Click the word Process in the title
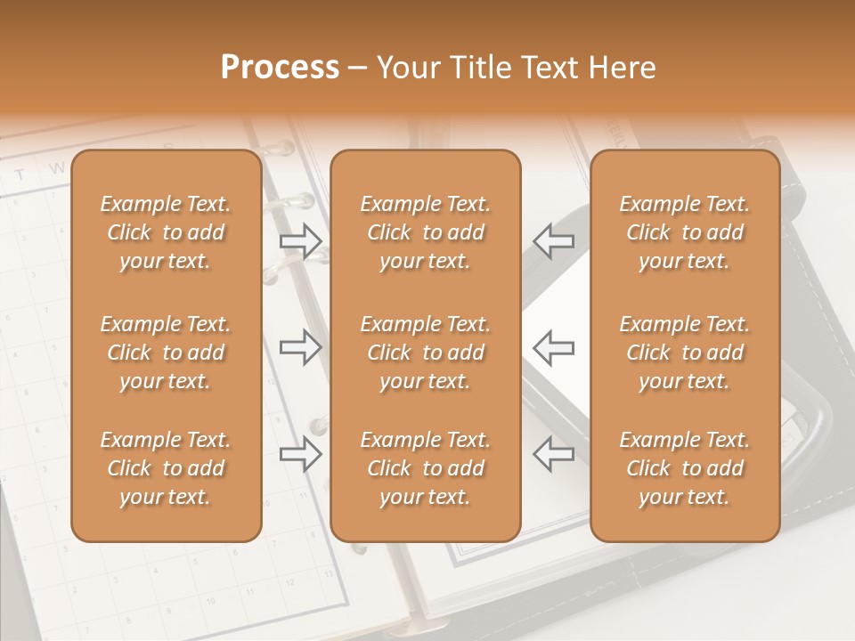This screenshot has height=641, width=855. tap(280, 68)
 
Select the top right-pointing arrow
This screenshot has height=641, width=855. tap(300, 240)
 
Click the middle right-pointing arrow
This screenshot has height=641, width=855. tap(300, 347)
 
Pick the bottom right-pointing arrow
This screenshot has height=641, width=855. tap(300, 454)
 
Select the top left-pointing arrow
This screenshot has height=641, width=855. tap(553, 240)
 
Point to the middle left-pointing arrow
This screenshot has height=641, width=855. tap(553, 347)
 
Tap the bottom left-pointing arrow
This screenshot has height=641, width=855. tap(553, 454)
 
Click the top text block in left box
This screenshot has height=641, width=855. tap(166, 232)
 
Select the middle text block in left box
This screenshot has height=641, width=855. tap(166, 353)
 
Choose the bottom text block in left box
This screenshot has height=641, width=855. tap(166, 468)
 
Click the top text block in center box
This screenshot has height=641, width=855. tap(426, 232)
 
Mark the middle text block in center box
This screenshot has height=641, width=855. tap(426, 353)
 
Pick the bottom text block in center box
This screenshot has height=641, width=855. tap(426, 468)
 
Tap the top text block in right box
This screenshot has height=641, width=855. tap(685, 232)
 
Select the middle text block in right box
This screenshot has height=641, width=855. tap(685, 353)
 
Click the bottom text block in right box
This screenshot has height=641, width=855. tap(685, 468)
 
